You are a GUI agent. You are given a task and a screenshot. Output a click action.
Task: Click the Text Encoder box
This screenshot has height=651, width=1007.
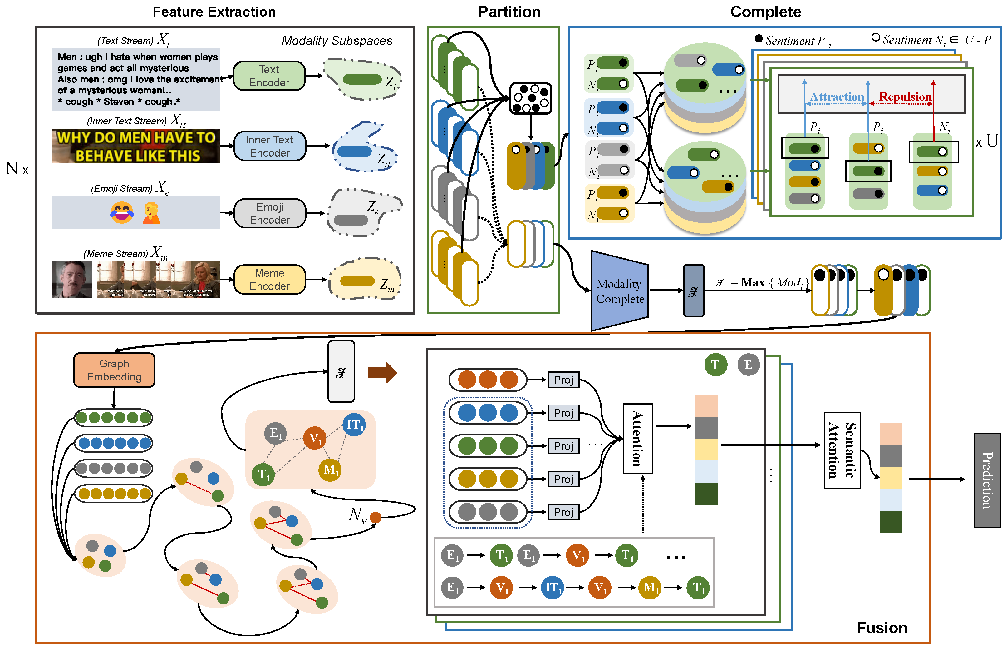pos(269,76)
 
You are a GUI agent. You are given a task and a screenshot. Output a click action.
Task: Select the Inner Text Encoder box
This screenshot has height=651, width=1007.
pos(269,146)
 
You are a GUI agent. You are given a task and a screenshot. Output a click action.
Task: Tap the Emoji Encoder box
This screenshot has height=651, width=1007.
pos(269,213)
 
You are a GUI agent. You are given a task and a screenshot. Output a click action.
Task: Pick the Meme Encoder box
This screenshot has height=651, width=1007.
pos(269,279)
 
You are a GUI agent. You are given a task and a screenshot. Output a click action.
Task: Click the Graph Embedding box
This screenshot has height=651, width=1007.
pos(114,370)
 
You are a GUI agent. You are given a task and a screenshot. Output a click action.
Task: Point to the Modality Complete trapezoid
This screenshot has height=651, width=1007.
pos(620,291)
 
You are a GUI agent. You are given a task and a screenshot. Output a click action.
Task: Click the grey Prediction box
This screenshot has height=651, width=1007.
pos(987,480)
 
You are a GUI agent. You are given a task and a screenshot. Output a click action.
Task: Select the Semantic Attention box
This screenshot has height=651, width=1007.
pos(842,450)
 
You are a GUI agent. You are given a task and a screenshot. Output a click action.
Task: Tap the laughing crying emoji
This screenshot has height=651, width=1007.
pos(122,212)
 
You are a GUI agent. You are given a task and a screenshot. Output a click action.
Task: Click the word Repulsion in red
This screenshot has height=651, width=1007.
pos(905,97)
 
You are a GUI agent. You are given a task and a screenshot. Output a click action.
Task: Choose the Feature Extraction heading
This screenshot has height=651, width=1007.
pos(214,12)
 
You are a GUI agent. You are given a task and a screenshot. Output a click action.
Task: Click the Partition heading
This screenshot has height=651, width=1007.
pos(509,12)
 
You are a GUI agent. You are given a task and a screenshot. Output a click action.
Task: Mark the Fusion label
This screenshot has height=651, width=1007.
pos(882,628)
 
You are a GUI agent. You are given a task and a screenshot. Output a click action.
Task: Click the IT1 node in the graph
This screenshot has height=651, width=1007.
pos(354,425)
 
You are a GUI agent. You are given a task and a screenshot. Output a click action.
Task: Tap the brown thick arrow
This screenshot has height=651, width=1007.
pos(382,372)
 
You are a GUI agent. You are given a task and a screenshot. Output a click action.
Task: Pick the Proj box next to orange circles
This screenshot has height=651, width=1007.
pos(563,380)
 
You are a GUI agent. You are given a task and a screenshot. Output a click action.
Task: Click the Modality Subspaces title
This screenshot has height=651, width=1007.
pos(336,41)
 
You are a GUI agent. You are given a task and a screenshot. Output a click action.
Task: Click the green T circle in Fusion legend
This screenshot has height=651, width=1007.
pos(715,364)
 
